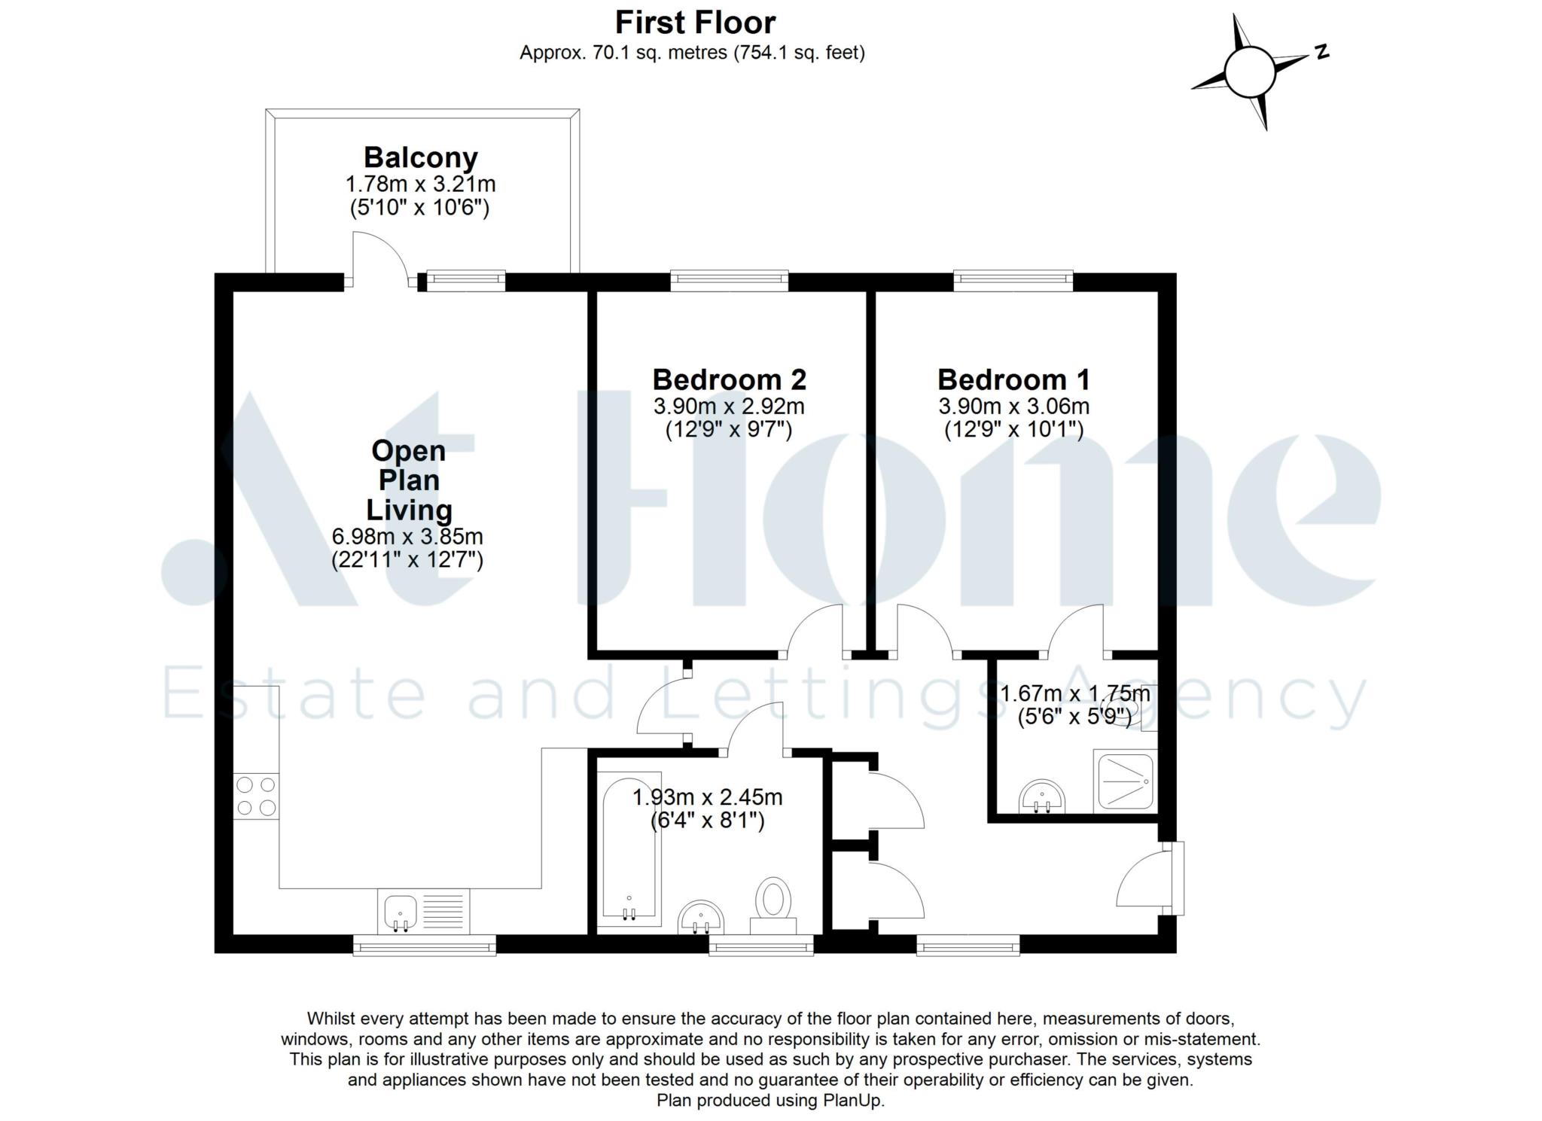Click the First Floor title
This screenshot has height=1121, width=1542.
click(694, 23)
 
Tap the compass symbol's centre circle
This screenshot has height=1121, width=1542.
click(1249, 72)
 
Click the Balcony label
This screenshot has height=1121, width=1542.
click(420, 158)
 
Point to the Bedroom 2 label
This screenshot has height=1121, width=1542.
click(729, 379)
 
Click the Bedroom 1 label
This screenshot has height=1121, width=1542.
click(1013, 379)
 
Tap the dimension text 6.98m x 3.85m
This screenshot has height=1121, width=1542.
click(407, 537)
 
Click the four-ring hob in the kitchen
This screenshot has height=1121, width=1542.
click(256, 797)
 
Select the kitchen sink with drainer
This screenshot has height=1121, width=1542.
click(423, 911)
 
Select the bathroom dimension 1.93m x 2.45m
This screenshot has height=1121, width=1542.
click(707, 797)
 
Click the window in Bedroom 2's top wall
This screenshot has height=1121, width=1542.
click(729, 282)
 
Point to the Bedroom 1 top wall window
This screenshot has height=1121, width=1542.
click(1013, 282)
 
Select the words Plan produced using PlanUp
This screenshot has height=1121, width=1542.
click(770, 1100)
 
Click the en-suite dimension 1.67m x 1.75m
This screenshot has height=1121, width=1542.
click(1074, 693)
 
